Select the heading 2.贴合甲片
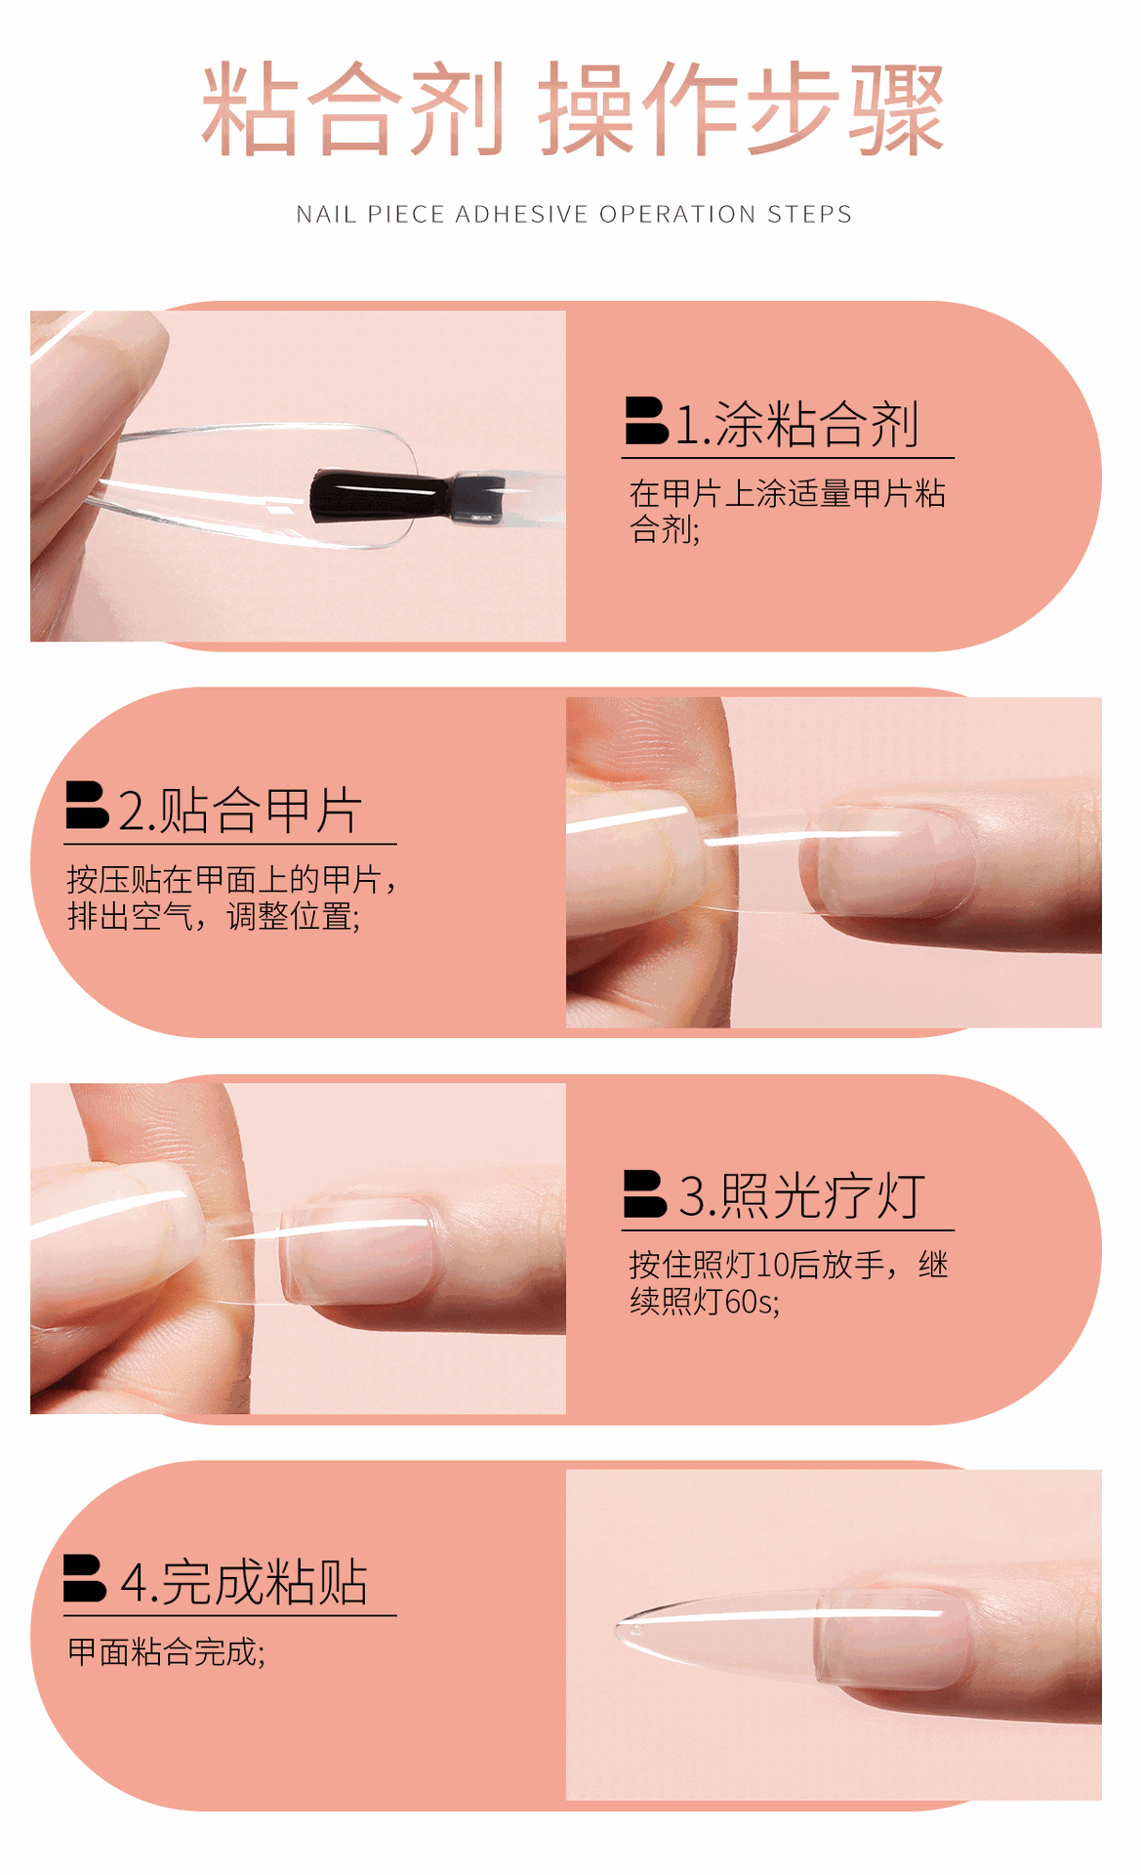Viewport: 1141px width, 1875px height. tap(240, 811)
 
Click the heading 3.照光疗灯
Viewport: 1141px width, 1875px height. tap(801, 1196)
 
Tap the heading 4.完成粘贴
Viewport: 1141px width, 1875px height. tap(244, 1582)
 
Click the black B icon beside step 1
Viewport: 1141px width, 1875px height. tap(646, 421)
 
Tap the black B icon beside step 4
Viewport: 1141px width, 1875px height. tap(85, 1578)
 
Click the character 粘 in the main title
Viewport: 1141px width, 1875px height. tap(250, 109)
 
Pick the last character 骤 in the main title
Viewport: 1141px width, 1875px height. tap(896, 109)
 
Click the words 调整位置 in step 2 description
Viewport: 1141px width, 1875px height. tap(291, 917)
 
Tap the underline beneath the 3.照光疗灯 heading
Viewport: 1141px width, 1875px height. tap(788, 1229)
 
